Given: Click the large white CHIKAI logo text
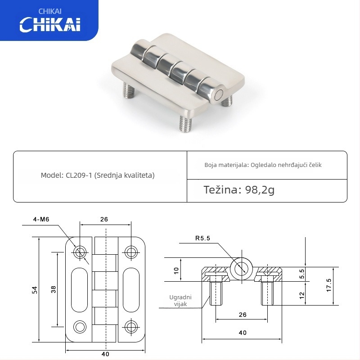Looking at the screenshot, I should [49, 24].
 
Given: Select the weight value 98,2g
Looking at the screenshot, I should [260, 190].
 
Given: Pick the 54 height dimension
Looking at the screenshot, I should [34, 290].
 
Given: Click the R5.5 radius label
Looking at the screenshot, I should [202, 238].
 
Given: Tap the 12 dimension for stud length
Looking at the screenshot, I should [302, 295].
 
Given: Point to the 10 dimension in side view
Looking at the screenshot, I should [176, 270].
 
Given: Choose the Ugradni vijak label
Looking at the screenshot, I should [180, 301].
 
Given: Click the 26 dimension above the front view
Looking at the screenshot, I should [104, 220].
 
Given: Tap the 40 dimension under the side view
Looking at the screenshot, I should [243, 333].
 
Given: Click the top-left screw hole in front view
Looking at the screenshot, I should [81, 252].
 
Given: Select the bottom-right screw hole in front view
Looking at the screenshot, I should [130, 326].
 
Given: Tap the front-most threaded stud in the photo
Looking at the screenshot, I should [185, 124].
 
